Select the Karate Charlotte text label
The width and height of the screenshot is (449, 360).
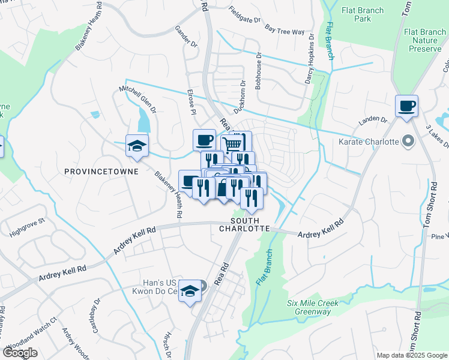click(x=369, y=142)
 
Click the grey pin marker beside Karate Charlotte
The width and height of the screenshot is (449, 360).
click(x=409, y=142)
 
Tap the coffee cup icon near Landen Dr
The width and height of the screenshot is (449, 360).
click(x=406, y=106)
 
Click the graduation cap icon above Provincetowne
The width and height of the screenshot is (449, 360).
click(x=136, y=146)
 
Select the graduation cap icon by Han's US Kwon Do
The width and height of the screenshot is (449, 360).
click(x=190, y=292)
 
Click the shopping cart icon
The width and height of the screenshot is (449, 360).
click(x=232, y=143)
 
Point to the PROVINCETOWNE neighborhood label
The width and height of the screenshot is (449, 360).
click(x=101, y=172)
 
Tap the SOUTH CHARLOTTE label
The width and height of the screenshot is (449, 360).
click(x=244, y=224)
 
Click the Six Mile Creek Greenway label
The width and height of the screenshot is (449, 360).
click(x=312, y=307)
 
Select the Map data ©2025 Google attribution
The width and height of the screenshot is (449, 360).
click(x=412, y=355)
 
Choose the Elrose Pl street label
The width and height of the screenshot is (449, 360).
click(x=191, y=103)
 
